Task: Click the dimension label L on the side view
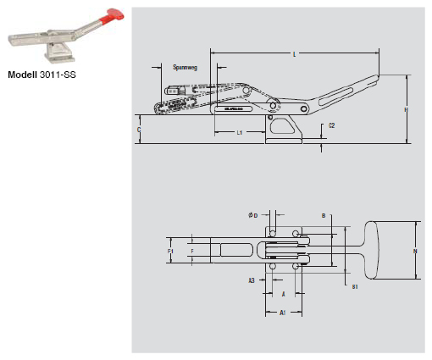point(294,54)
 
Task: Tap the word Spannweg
point(185,66)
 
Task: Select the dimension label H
point(407,110)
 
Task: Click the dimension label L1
point(240,133)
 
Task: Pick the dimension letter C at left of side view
point(139,129)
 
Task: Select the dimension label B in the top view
point(324,216)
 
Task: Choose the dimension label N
point(413,251)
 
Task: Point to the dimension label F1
point(170,252)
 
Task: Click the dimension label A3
point(252,279)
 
